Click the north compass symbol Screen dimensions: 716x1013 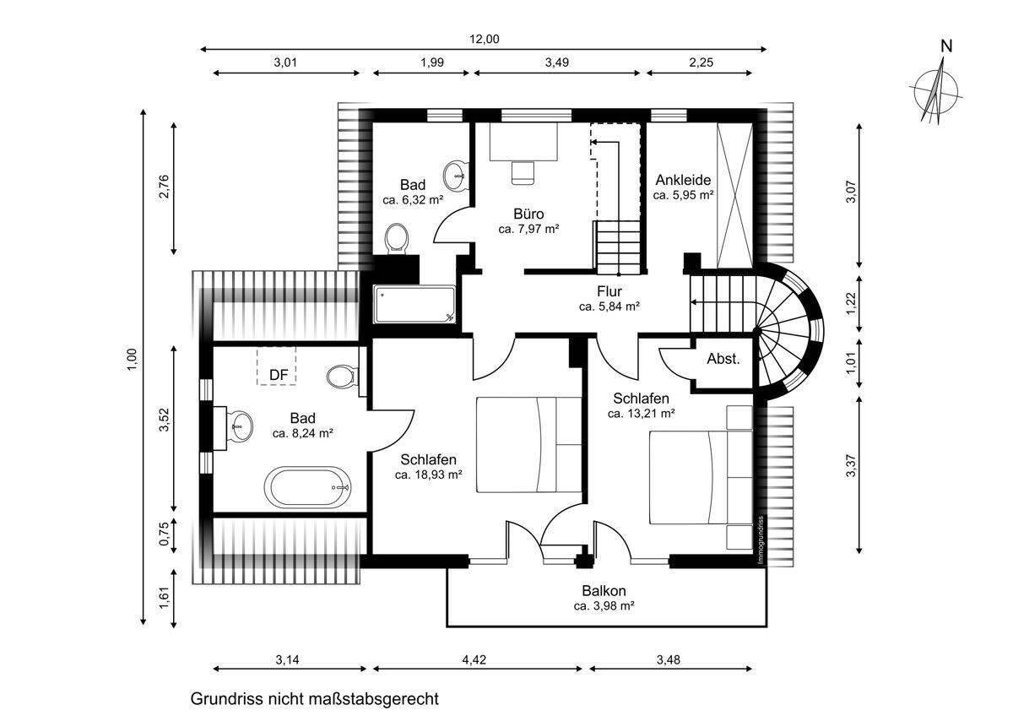coord(935,87)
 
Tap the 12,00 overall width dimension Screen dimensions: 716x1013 coord(485,38)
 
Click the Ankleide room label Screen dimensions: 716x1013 coord(683,180)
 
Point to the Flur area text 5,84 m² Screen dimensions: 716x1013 coord(609,306)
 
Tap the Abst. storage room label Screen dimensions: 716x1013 coord(723,359)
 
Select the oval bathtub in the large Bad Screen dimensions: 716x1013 coord(309,487)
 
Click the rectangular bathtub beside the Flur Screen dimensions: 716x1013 coord(414,305)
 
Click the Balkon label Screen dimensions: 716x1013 coord(604,591)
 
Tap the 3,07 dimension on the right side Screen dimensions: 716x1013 coord(852,193)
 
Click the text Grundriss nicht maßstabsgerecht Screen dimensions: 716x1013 coord(315,699)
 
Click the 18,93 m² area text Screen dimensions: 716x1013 coord(429,475)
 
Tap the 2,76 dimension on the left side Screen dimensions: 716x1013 coord(164,187)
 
